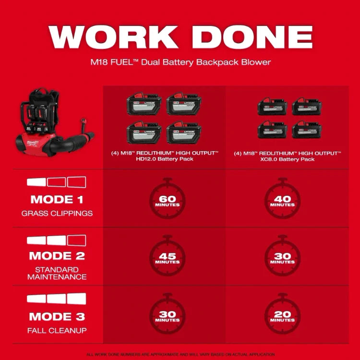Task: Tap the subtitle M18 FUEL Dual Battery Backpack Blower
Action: click(180, 62)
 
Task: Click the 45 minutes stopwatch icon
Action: click(167, 258)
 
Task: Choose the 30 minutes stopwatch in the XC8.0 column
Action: click(282, 258)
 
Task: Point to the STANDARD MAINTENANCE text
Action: click(57, 273)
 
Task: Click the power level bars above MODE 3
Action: click(57, 299)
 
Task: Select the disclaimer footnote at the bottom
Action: click(180, 354)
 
